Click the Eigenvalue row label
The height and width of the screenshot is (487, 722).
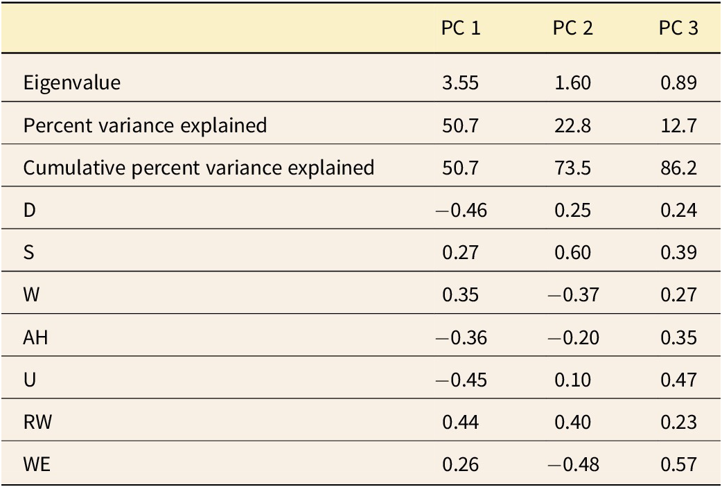click(x=71, y=83)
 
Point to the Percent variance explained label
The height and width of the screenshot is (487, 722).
click(x=145, y=125)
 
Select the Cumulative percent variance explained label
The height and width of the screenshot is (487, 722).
click(x=199, y=168)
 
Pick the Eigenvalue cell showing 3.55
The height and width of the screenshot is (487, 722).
click(x=461, y=83)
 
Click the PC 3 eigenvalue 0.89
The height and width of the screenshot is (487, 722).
click(x=678, y=83)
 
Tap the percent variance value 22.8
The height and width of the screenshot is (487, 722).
click(x=572, y=125)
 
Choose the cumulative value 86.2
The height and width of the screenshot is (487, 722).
click(x=678, y=168)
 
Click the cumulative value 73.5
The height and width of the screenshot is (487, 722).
click(x=572, y=168)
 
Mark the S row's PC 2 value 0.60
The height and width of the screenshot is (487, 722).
click(x=572, y=252)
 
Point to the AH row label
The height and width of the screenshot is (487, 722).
click(x=35, y=337)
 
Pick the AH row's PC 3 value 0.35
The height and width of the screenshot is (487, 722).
click(x=678, y=337)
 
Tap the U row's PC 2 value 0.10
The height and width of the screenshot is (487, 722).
click(x=572, y=380)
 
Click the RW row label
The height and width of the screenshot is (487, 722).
click(x=35, y=422)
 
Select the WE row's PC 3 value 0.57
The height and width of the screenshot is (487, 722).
click(x=678, y=464)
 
